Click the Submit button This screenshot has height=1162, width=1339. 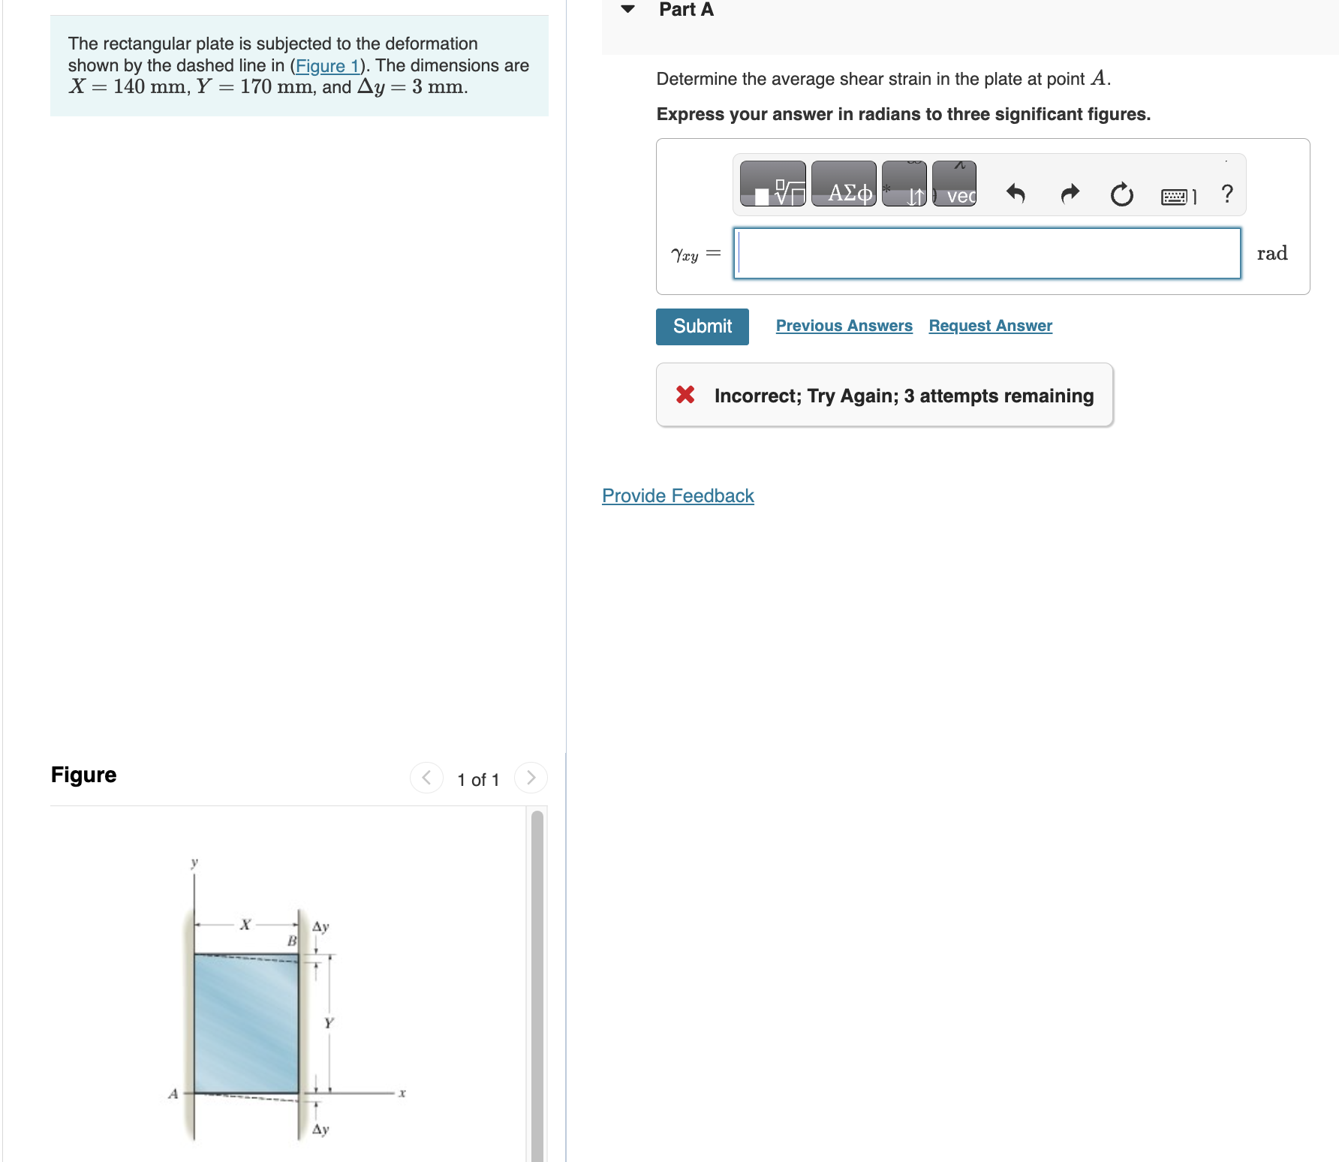[702, 327]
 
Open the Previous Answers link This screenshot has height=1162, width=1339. [844, 326]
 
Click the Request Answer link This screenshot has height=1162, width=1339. [990, 326]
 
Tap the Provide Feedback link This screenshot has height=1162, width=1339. [678, 496]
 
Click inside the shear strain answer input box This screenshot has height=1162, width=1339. [986, 254]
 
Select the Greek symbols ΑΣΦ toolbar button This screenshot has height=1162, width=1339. [844, 185]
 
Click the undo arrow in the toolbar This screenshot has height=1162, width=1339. [1016, 194]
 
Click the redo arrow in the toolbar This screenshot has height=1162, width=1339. [1070, 194]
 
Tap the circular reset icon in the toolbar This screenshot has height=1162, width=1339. [1121, 194]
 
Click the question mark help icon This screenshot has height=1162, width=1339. [1227, 194]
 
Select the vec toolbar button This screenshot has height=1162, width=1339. [955, 185]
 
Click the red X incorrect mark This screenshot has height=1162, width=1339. [685, 395]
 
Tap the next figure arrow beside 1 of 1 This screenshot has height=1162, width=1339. [531, 778]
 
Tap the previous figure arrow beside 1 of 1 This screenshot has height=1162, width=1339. [426, 778]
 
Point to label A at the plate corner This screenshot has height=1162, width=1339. [173, 1094]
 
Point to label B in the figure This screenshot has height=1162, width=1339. [292, 941]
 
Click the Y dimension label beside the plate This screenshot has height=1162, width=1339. [329, 1023]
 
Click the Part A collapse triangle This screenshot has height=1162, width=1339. [628, 9]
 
